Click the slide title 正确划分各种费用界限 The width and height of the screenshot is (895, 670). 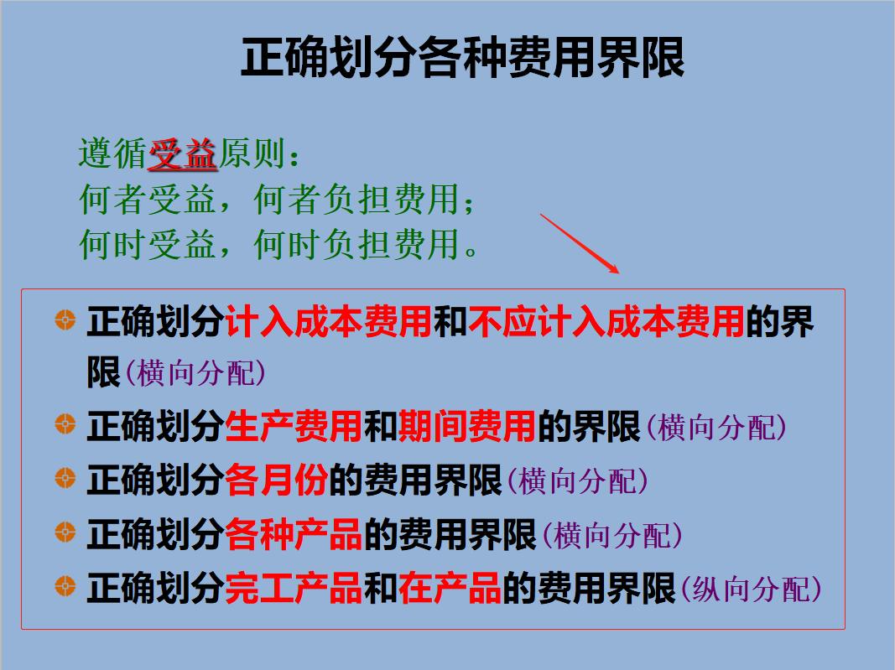pos(462,58)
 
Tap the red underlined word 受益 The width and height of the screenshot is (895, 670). pos(183,155)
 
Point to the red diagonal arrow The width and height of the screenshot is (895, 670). pos(579,244)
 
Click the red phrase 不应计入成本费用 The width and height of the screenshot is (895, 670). pos(606,322)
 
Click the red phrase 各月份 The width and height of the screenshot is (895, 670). pos(276,481)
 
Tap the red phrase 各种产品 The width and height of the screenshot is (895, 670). pos(294,535)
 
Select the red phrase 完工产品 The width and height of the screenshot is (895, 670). pos(294,589)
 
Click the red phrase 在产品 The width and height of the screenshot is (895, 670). pos(450,589)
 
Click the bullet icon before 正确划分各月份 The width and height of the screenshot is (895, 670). pos(65,480)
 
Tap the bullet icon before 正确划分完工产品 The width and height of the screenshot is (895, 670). pos(65,586)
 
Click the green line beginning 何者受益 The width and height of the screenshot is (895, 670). pos(278,200)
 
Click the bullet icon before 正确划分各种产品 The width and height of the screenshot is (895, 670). pos(65,532)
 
